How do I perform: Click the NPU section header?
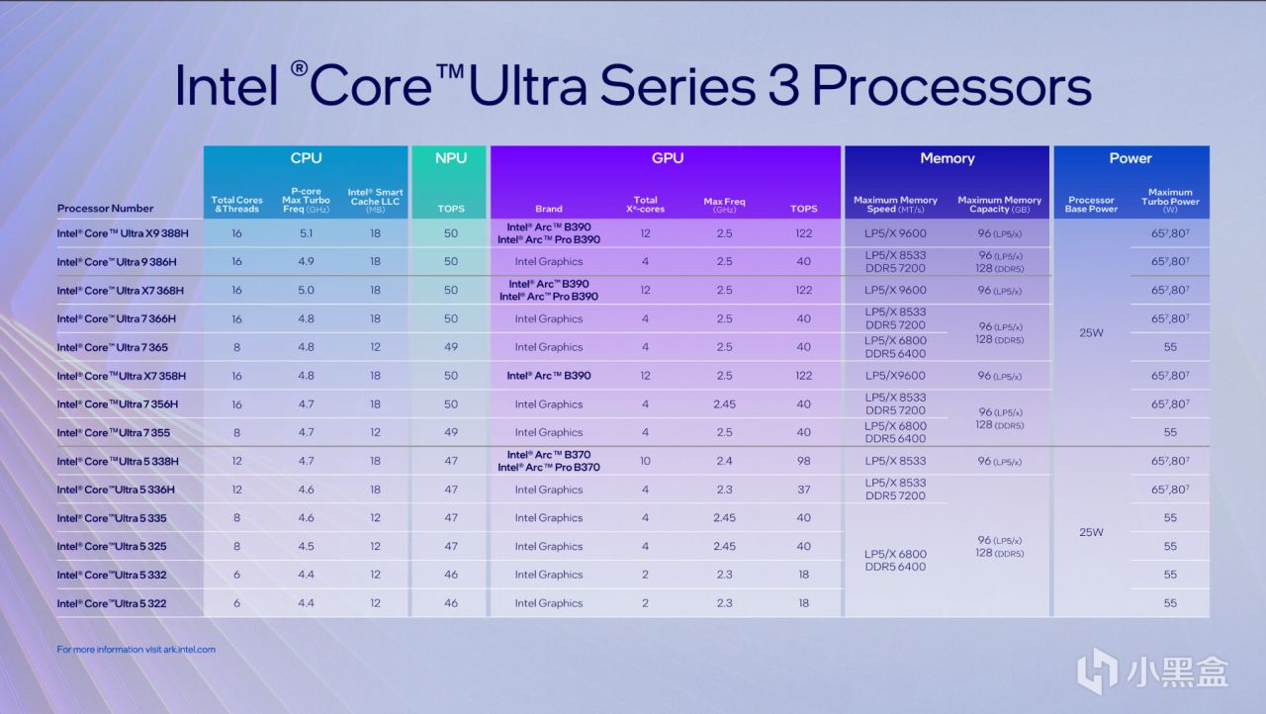click(449, 158)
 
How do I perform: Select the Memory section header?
click(947, 158)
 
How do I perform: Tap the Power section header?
click(1130, 158)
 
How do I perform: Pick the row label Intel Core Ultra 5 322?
click(113, 603)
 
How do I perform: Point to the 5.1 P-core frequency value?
click(306, 233)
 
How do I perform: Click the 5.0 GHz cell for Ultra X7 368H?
click(306, 291)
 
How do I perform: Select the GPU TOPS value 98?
click(803, 461)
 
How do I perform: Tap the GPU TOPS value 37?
click(803, 490)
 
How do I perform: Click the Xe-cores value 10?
click(645, 461)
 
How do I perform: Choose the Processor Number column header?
click(106, 209)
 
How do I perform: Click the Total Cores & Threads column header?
click(237, 205)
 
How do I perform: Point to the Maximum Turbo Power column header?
click(1170, 201)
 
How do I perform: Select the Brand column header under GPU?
click(549, 209)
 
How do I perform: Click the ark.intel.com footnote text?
click(136, 650)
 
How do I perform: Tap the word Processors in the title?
click(951, 87)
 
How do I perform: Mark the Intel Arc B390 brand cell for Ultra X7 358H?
click(549, 376)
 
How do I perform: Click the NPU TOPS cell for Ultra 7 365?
click(449, 347)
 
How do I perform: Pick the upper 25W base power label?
click(1090, 333)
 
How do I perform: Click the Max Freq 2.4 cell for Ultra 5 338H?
click(724, 461)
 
